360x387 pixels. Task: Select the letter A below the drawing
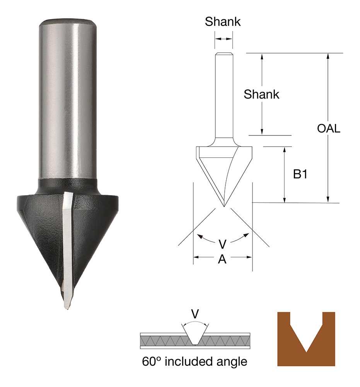click(x=222, y=260)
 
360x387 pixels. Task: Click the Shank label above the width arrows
click(x=223, y=22)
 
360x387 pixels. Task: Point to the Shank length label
click(x=261, y=94)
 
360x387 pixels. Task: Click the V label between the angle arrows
click(x=222, y=244)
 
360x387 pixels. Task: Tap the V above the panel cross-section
click(x=196, y=314)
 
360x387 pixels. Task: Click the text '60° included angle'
click(x=194, y=362)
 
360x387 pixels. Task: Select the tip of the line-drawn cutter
click(x=224, y=205)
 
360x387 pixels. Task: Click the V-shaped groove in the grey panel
click(x=196, y=335)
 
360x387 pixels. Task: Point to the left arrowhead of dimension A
click(x=196, y=257)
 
